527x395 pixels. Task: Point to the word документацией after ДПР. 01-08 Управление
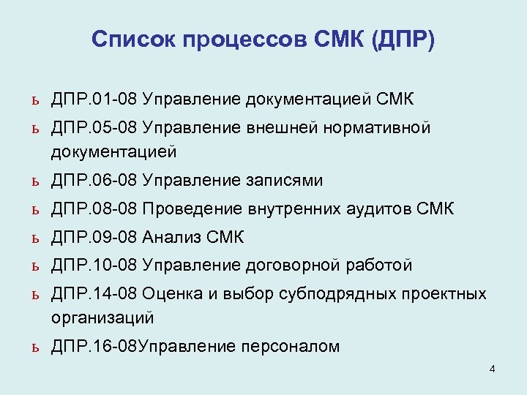[x=310, y=98]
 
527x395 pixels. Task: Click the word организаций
[x=102, y=317]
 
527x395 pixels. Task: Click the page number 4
[x=492, y=369]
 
